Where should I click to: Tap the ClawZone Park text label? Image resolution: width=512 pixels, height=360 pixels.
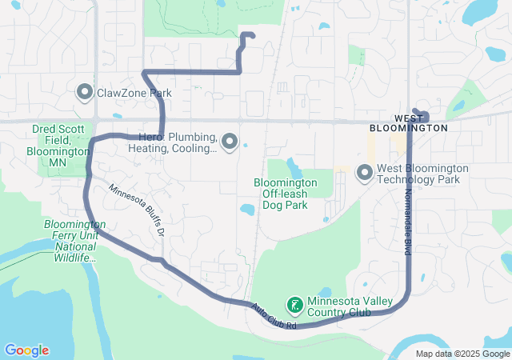click(x=134, y=93)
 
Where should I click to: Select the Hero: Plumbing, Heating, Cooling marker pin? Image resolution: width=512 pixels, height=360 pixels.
click(x=230, y=142)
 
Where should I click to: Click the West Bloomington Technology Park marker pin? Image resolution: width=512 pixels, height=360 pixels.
click(x=365, y=172)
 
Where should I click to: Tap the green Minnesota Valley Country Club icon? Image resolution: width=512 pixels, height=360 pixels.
click(x=294, y=305)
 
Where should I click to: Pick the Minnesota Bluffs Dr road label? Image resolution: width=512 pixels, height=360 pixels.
click(x=137, y=210)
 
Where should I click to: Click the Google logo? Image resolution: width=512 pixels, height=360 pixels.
click(x=26, y=350)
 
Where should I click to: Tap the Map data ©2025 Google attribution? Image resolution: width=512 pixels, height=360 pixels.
click(x=462, y=354)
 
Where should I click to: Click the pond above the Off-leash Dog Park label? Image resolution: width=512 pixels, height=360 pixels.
click(x=294, y=168)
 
